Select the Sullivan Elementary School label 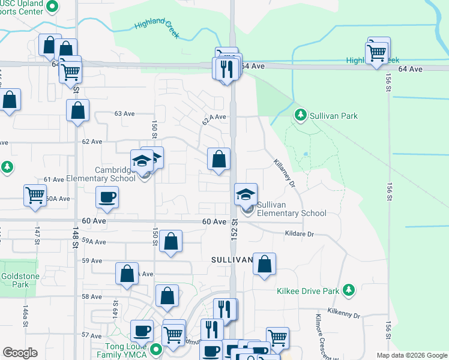click(292, 209)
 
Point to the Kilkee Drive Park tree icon click(348, 291)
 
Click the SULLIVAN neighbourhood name click(232, 260)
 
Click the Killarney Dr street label click(284, 173)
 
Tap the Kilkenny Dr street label click(343, 314)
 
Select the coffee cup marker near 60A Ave click(107, 197)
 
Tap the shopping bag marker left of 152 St click(219, 160)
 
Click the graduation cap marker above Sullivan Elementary click(246, 194)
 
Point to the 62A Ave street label click(214, 117)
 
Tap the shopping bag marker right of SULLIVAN click(264, 264)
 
